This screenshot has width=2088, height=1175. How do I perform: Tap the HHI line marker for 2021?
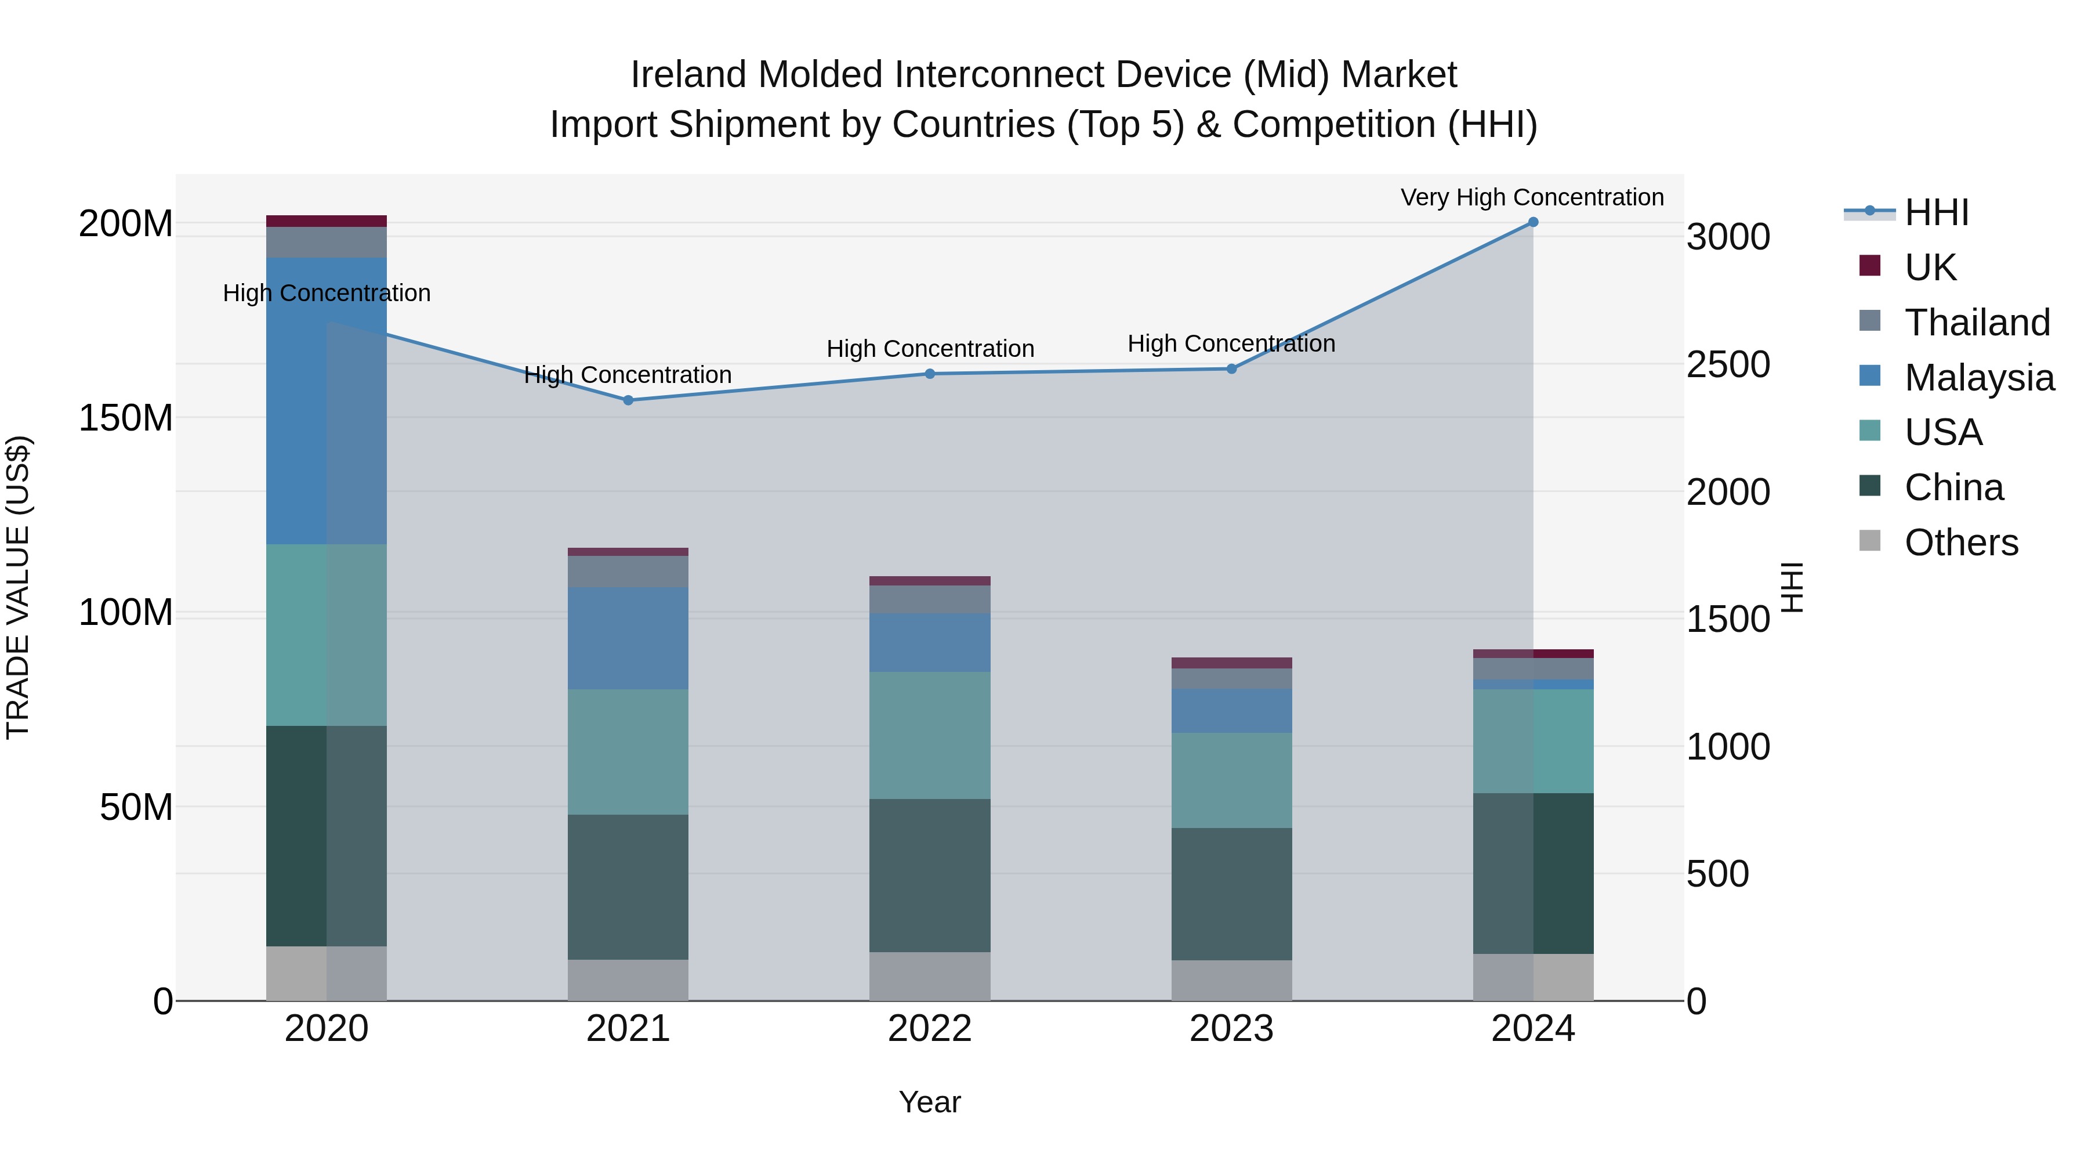coord(628,400)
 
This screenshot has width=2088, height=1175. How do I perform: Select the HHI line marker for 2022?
coord(930,374)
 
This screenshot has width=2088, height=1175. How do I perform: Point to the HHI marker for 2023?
coord(1231,369)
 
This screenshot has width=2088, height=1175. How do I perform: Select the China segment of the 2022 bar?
coord(930,875)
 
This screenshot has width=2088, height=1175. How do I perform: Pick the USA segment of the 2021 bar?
coord(628,751)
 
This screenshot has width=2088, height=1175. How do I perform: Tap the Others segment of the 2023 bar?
coord(1231,981)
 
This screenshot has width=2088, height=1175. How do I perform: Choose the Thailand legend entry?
coord(1976,322)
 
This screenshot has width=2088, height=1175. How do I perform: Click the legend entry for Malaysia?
coord(1978,377)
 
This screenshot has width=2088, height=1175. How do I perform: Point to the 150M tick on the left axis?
coord(126,418)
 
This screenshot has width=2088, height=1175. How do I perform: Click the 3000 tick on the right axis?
coord(1727,237)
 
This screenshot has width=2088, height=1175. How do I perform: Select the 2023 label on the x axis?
coord(1231,1029)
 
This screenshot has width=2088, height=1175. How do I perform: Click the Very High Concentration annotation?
coord(1532,197)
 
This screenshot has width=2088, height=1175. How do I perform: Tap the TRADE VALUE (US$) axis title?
coord(18,587)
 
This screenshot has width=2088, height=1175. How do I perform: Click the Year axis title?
coord(930,1102)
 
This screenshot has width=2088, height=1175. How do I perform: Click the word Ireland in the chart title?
coord(689,75)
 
